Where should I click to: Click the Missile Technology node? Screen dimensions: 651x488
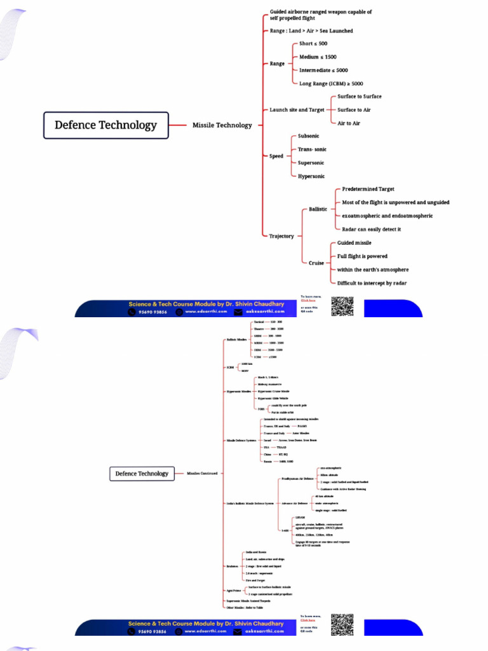[222, 125]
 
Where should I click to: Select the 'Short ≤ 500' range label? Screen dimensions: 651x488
[313, 43]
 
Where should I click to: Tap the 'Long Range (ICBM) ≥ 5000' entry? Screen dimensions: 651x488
[331, 83]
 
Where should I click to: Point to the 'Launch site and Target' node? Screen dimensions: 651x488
[297, 110]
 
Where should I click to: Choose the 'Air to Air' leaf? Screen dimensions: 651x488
[348, 123]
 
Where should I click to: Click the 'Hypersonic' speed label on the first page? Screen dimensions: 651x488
[311, 176]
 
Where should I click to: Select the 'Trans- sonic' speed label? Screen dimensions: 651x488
[312, 149]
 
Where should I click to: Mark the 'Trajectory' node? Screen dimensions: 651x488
[281, 236]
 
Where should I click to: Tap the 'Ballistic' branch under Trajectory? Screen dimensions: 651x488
[318, 209]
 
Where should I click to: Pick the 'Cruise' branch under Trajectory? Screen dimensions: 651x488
[316, 263]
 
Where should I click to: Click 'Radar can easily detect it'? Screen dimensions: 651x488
[371, 229]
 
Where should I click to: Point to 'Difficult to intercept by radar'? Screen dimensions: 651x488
[372, 283]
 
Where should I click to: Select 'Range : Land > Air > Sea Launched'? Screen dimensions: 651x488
[311, 31]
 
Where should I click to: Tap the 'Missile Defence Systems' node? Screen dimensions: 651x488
[241, 440]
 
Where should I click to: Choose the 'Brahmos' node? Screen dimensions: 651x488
[233, 566]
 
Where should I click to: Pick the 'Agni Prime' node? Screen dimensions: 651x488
[233, 591]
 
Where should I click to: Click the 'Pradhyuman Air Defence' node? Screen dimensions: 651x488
[297, 478]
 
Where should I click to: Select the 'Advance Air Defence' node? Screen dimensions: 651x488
[295, 503]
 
